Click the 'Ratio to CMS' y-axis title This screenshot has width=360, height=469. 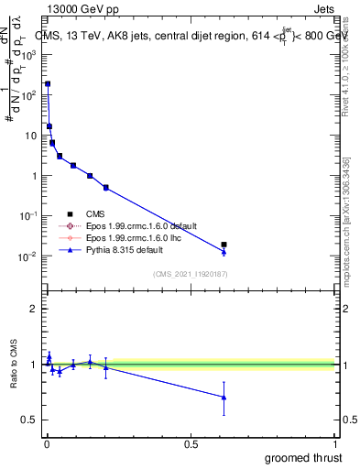click(13, 365)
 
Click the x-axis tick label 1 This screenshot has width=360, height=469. click(334, 444)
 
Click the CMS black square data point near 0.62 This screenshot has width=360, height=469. click(224, 245)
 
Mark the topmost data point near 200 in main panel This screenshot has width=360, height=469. click(48, 83)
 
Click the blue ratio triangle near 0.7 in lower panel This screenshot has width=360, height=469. click(224, 398)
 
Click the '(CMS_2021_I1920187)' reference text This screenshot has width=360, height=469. click(190, 273)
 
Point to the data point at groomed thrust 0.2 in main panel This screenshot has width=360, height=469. click(106, 188)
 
